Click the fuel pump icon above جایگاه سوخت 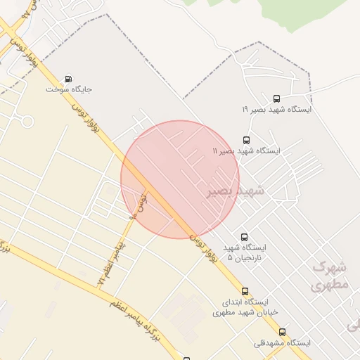68,79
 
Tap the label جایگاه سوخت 70,90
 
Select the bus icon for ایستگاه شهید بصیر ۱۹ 276,99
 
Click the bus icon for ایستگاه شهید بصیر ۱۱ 245,140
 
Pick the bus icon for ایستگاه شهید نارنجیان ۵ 244,237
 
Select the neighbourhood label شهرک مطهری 328,276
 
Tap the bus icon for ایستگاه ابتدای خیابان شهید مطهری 245,291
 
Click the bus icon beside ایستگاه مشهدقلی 283,332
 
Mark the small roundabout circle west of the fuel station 27,121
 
